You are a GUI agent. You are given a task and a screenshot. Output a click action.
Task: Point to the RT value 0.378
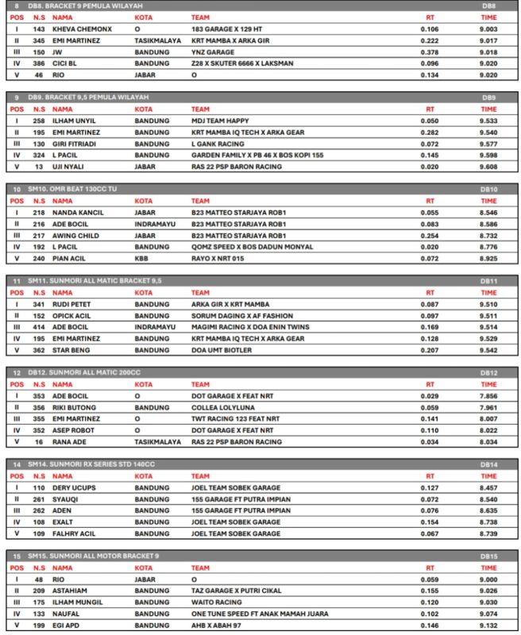(x=430, y=52)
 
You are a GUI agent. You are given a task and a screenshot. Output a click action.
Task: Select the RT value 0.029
(x=430, y=397)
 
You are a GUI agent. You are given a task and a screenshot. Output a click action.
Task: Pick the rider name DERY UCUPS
(x=74, y=488)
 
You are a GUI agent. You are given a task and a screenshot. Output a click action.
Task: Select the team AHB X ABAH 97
(x=216, y=625)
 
